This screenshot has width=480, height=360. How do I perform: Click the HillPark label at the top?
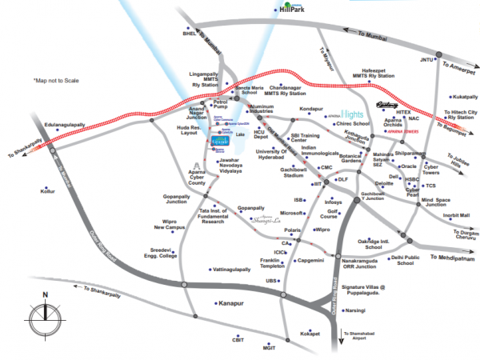294,8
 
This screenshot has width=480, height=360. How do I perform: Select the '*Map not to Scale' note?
58,81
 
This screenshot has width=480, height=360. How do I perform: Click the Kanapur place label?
230,303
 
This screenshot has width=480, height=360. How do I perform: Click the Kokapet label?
310,332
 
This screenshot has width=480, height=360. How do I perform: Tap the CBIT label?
238,339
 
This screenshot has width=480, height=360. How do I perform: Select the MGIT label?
269,348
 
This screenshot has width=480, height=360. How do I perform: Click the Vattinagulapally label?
226,270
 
